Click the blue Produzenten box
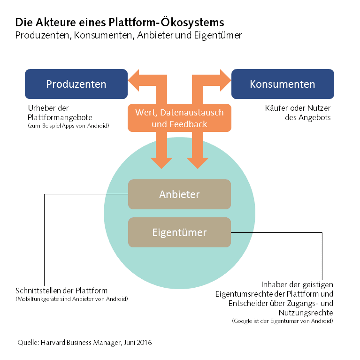pyautogui.click(x=76, y=84)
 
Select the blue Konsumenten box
pyautogui.click(x=283, y=84)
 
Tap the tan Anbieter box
pyautogui.click(x=179, y=194)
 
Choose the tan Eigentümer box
pyautogui.click(x=179, y=232)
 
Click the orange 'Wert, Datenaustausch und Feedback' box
pyautogui.click(x=179, y=118)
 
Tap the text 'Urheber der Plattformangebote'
pyautogui.click(x=60, y=113)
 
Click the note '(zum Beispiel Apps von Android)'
pyautogui.click(x=68, y=126)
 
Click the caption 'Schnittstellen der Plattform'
pyautogui.click(x=61, y=291)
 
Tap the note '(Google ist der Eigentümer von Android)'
pyautogui.click(x=283, y=322)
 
